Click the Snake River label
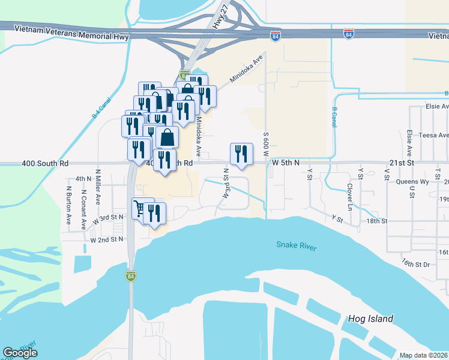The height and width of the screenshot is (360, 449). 296,245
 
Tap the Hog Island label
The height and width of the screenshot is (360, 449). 370,319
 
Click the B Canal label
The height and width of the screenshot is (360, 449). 334,116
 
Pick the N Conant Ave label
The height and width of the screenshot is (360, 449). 83,211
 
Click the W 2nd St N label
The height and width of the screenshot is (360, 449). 106,239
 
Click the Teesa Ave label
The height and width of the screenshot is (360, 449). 434,135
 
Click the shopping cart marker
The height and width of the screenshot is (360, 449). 140,209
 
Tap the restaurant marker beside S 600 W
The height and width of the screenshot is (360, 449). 241,154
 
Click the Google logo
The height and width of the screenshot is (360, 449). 20,353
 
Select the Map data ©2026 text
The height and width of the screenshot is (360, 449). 423,355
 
